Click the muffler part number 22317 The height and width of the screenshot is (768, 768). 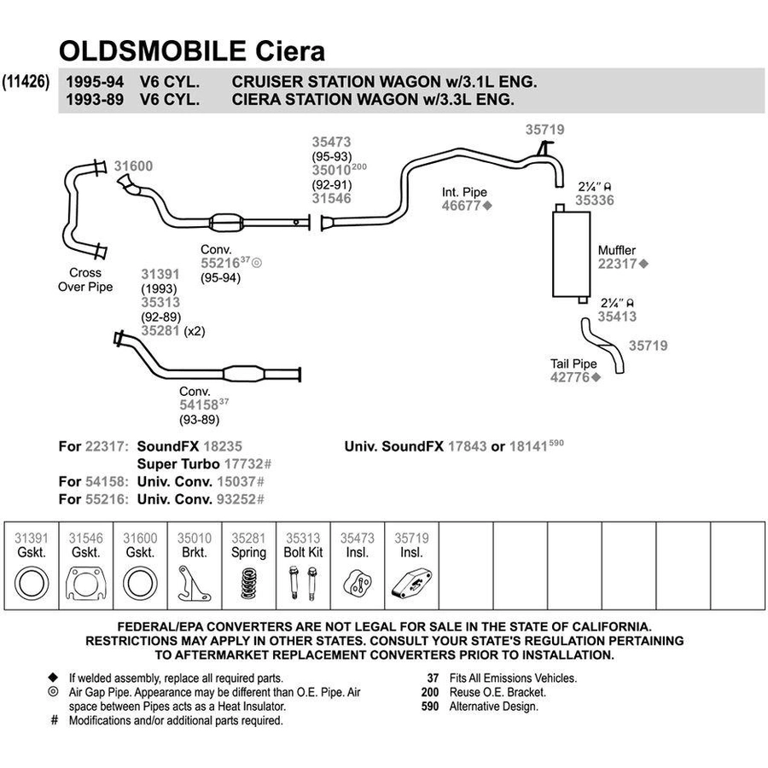[617, 264]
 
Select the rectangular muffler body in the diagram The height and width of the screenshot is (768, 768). [571, 254]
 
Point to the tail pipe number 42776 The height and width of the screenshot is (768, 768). [570, 377]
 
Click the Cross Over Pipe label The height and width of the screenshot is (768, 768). [85, 280]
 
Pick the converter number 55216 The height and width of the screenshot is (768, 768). [220, 263]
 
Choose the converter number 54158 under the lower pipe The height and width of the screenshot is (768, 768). [199, 404]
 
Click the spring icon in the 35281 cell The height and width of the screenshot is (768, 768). [249, 583]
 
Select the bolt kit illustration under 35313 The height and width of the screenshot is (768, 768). [303, 583]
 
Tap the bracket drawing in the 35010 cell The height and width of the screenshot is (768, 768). [195, 584]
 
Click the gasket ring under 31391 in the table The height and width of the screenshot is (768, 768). [32, 584]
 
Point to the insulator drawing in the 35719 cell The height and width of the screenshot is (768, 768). [412, 583]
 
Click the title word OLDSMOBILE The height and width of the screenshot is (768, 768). [153, 51]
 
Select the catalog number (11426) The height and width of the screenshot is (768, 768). [26, 81]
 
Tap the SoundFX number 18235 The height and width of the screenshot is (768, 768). [223, 446]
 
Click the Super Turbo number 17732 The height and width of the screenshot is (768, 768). [243, 464]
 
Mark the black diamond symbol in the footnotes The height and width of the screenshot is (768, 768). [53, 678]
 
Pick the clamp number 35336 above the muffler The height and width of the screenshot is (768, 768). [595, 200]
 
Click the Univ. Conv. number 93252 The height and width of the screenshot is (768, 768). [236, 499]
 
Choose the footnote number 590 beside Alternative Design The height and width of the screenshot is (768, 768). [430, 707]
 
